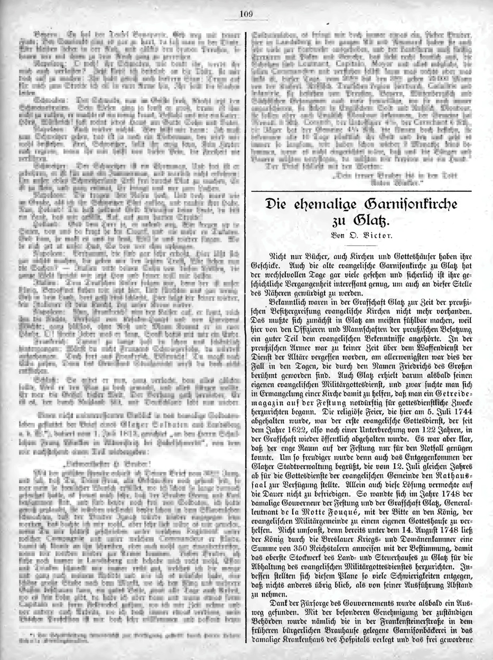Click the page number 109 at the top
[x=246, y=14]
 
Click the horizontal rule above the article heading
[x=361, y=189]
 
